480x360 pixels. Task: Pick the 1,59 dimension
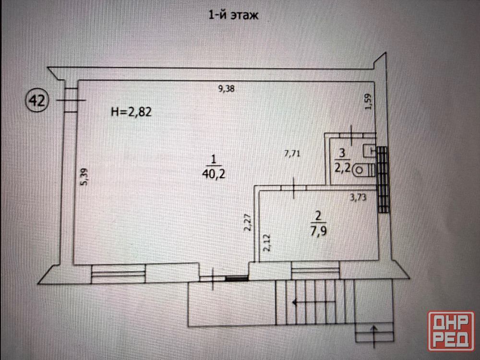click(x=368, y=102)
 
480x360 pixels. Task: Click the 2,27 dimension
click(x=248, y=222)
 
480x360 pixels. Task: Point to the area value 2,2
click(x=342, y=169)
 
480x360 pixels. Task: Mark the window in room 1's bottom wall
click(x=119, y=275)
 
